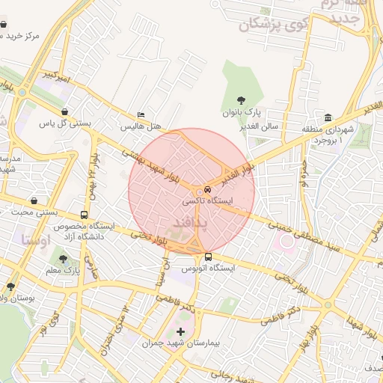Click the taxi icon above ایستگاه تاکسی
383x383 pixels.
(209, 190)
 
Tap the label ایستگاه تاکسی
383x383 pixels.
(208, 202)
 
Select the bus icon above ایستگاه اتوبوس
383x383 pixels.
(208, 257)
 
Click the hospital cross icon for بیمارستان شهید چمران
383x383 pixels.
(180, 331)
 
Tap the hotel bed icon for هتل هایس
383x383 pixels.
(140, 115)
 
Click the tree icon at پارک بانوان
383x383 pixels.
(241, 99)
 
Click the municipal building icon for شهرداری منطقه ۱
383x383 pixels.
(328, 118)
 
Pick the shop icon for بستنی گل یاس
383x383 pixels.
(64, 111)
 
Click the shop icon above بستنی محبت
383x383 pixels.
(34, 200)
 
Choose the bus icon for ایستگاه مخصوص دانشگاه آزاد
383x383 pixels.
(83, 215)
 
